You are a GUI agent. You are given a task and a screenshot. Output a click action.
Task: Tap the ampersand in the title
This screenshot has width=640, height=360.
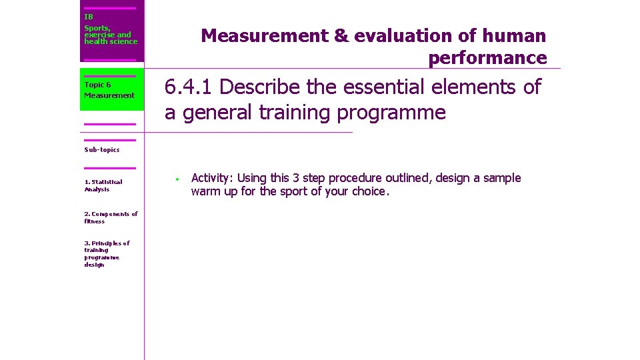pos(341,36)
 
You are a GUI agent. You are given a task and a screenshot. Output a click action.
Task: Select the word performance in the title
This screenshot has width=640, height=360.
pos(487,58)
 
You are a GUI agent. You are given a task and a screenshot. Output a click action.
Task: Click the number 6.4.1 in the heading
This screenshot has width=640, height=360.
pos(189,87)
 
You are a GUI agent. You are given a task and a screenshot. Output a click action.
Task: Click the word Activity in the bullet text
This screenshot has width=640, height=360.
pos(211,178)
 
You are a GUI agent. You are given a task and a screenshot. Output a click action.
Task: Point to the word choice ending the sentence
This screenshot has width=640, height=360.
pos(370,191)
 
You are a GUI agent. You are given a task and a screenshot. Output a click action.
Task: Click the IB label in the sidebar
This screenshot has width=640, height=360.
pos(89,16)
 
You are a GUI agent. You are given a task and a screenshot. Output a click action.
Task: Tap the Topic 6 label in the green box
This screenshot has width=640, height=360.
pos(97,85)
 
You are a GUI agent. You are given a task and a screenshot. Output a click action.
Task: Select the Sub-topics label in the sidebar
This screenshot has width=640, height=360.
pos(101,149)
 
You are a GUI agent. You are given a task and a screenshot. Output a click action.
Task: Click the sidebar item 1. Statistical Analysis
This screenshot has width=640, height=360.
pos(103,185)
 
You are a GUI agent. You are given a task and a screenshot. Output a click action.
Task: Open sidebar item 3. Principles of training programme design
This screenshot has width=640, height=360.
pos(107,253)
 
